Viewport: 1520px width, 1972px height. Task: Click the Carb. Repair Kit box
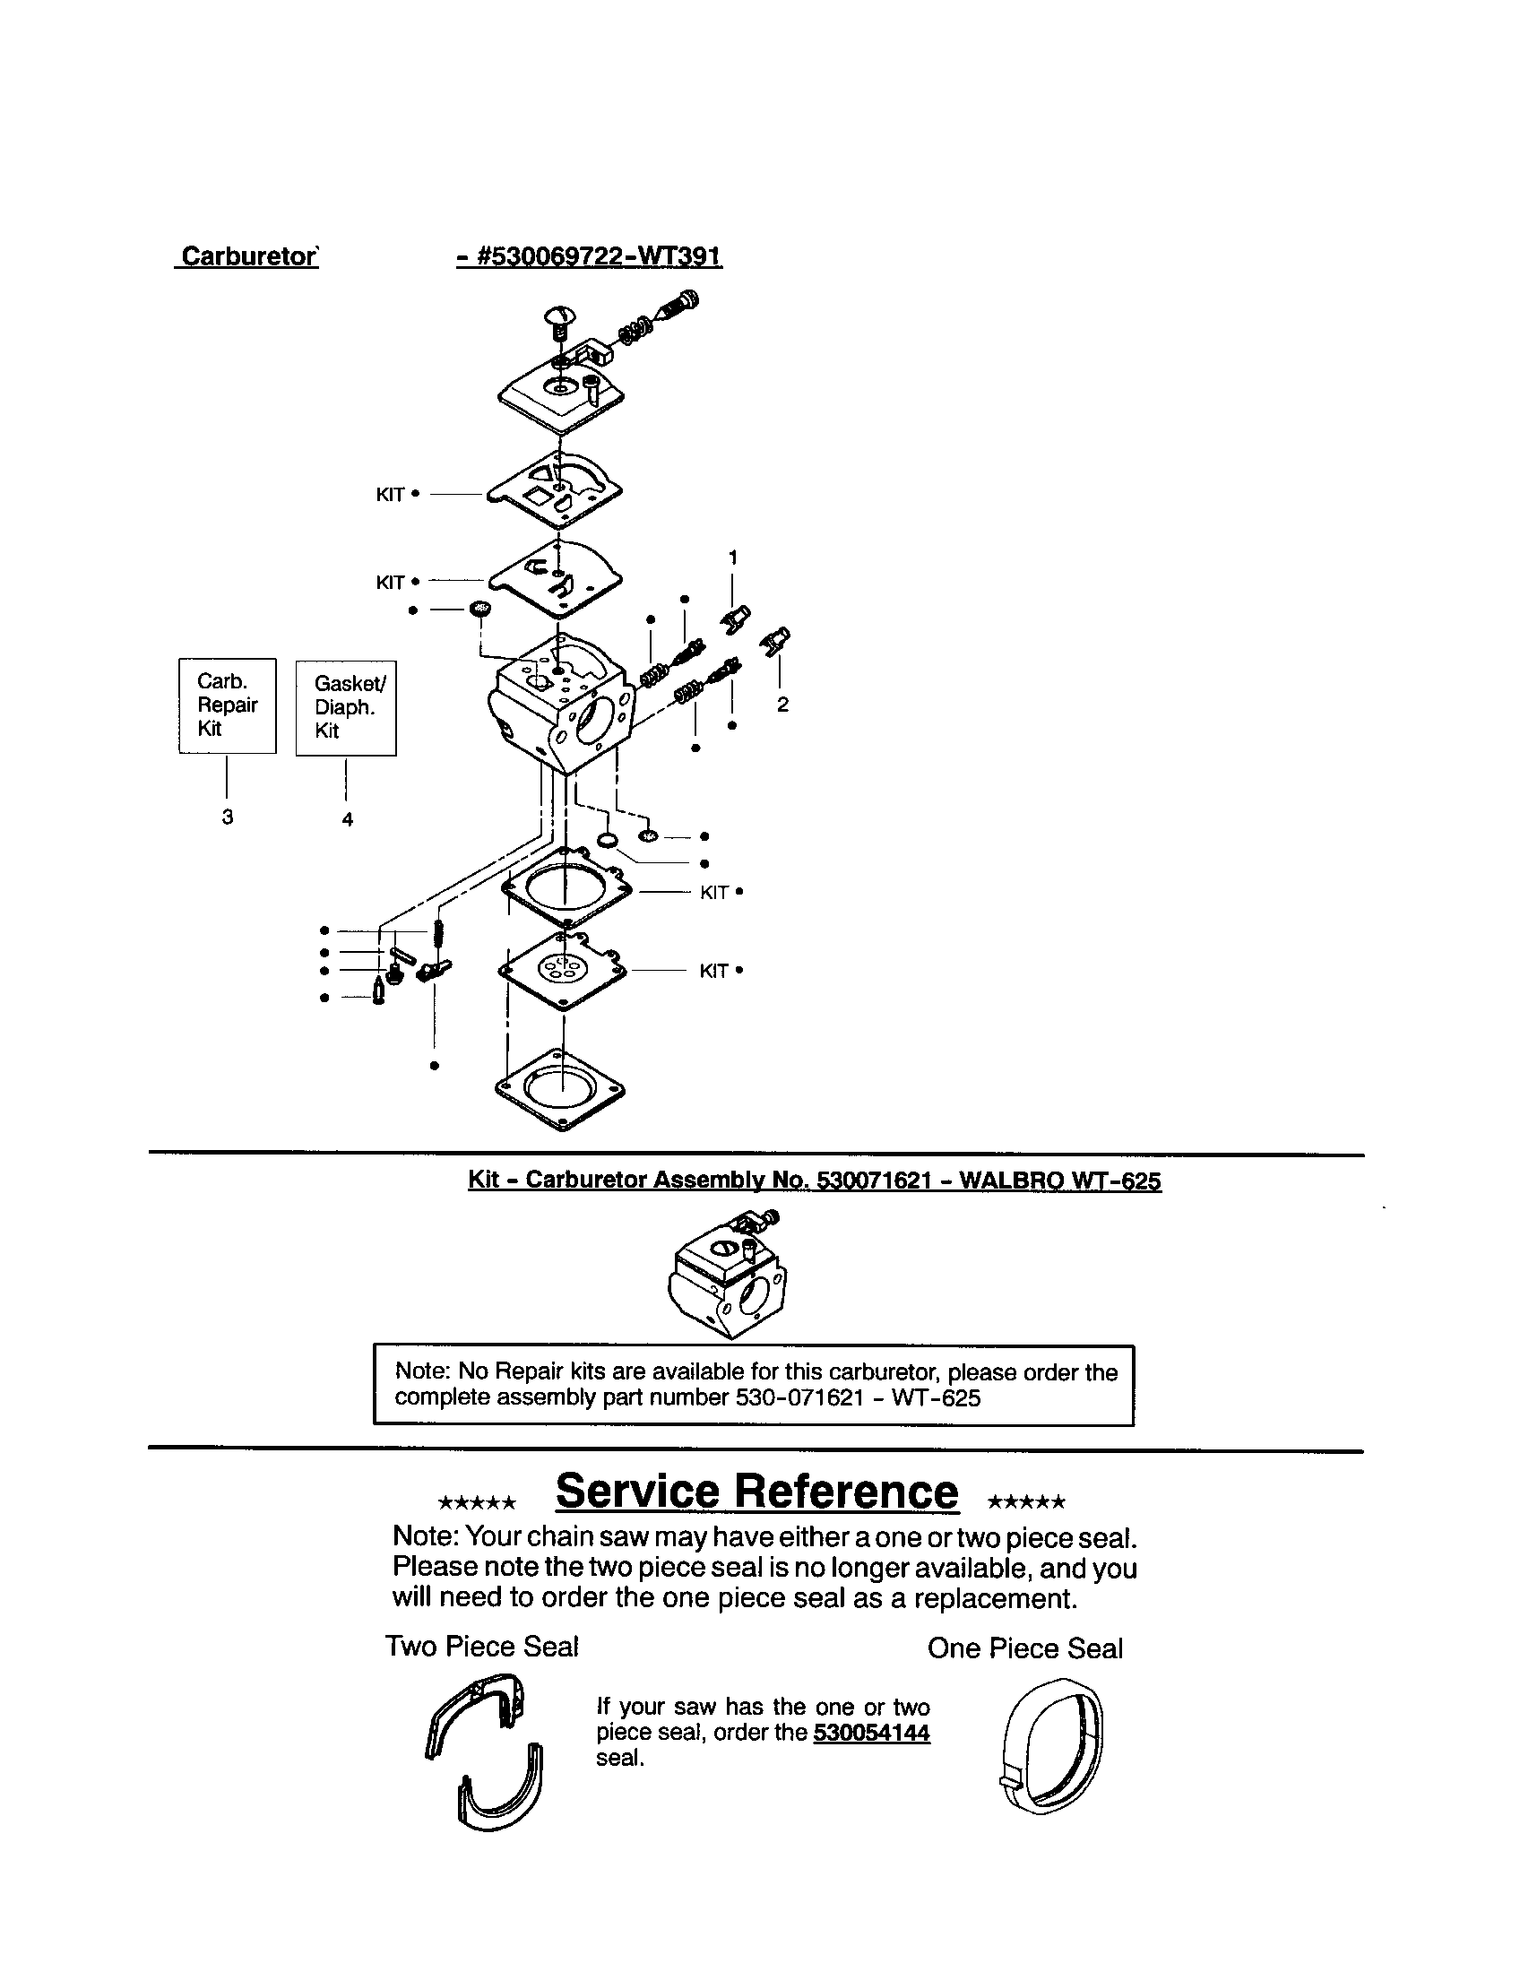click(x=228, y=705)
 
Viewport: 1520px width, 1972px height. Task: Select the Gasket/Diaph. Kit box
click(x=346, y=708)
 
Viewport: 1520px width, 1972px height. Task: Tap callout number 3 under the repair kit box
click(x=228, y=817)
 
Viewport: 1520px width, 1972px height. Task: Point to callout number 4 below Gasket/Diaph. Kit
click(x=347, y=819)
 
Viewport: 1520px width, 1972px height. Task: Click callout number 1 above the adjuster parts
click(x=733, y=558)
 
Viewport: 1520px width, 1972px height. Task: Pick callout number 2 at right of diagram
click(x=782, y=705)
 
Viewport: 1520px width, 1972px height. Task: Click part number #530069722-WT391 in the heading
click(x=590, y=256)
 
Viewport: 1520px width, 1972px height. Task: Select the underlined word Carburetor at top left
click(x=248, y=256)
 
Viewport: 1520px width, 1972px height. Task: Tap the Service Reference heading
click(x=756, y=1491)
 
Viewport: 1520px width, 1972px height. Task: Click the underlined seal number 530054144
click(x=871, y=1732)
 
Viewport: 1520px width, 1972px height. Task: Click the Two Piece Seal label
click(x=481, y=1646)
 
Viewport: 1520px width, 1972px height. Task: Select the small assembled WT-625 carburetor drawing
click(x=729, y=1276)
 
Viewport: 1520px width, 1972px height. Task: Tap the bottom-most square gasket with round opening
click(x=560, y=1088)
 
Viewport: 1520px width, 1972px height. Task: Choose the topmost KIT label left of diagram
click(x=390, y=495)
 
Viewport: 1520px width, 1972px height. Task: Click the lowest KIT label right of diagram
click(x=714, y=971)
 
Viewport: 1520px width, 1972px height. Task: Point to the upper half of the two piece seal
click(x=479, y=1711)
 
